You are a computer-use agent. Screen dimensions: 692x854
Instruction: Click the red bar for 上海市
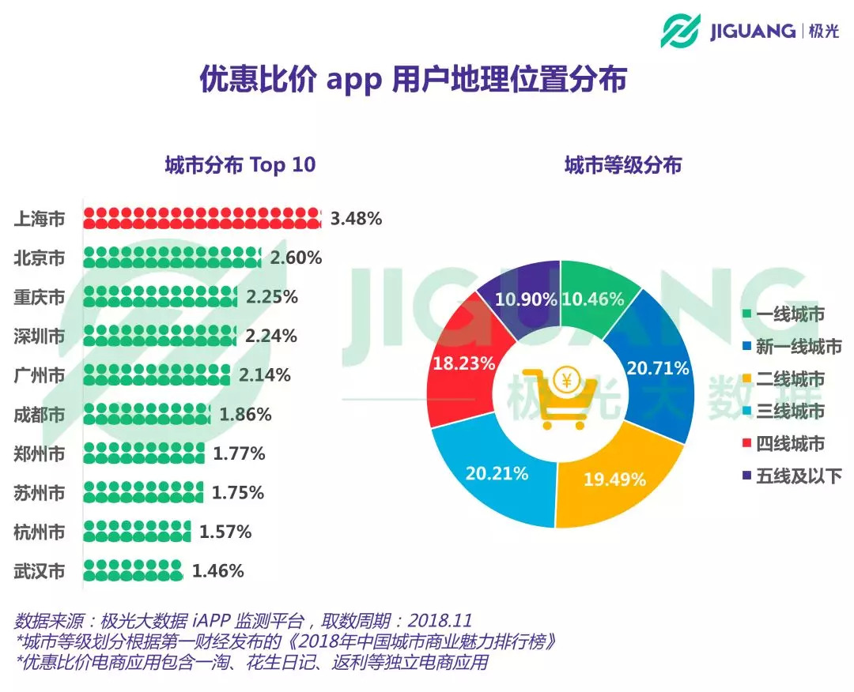[x=202, y=219]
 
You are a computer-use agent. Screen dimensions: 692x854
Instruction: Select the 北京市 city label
[x=40, y=258]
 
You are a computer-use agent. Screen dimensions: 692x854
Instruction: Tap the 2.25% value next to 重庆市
[x=272, y=297]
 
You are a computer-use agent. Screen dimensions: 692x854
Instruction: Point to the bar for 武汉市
[x=133, y=571]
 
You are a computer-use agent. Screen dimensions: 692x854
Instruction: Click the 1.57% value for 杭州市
[x=225, y=532]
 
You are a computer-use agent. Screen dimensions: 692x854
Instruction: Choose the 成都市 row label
[x=40, y=414]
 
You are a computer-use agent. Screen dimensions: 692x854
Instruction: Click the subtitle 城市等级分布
[x=623, y=165]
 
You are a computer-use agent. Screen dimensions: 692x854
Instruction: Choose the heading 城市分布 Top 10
[x=240, y=165]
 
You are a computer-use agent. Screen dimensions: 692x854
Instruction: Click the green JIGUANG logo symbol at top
[x=681, y=30]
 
